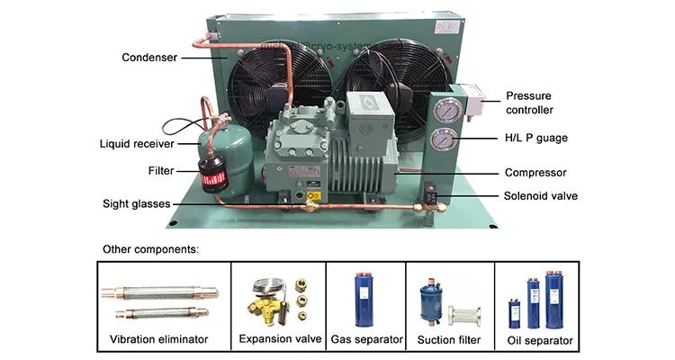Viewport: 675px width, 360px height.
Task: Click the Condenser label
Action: (148, 58)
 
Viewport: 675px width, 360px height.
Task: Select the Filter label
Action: (161, 169)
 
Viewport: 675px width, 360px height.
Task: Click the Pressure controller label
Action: (529, 102)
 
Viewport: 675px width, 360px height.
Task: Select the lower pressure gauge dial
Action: (442, 140)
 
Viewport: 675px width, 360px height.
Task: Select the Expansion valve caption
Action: (280, 339)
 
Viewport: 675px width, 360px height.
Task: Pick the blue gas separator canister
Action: (366, 294)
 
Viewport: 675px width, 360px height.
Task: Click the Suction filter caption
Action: (449, 339)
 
